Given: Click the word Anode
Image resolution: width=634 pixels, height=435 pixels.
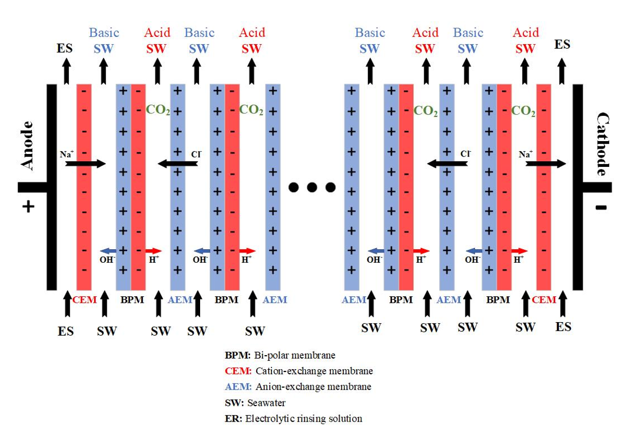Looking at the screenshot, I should coord(27,145).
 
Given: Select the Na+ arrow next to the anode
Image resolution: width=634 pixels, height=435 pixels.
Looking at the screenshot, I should coord(85,163).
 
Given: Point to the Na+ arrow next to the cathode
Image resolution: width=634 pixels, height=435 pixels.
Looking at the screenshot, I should coord(546,163).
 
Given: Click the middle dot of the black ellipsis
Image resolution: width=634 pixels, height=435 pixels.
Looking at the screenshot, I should coord(312,188).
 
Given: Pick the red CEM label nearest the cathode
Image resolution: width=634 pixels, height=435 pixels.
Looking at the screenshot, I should coord(543,300).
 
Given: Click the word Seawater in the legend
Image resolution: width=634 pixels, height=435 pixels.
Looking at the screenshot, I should coord(267,403).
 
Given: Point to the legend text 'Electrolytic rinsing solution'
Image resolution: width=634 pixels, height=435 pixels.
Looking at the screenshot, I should coord(303,419).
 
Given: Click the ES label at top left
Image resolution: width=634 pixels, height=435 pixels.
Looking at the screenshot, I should coord(65,48).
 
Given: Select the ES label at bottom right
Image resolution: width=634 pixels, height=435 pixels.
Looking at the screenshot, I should coord(563,326).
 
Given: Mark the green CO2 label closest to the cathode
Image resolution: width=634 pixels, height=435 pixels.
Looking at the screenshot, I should coord(523,111).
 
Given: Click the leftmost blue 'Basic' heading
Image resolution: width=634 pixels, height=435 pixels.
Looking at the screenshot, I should coord(104,33).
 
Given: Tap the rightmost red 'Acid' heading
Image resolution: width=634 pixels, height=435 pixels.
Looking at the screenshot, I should coord(526,33).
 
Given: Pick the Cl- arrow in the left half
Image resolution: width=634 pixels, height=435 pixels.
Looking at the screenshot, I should coord(178,163).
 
